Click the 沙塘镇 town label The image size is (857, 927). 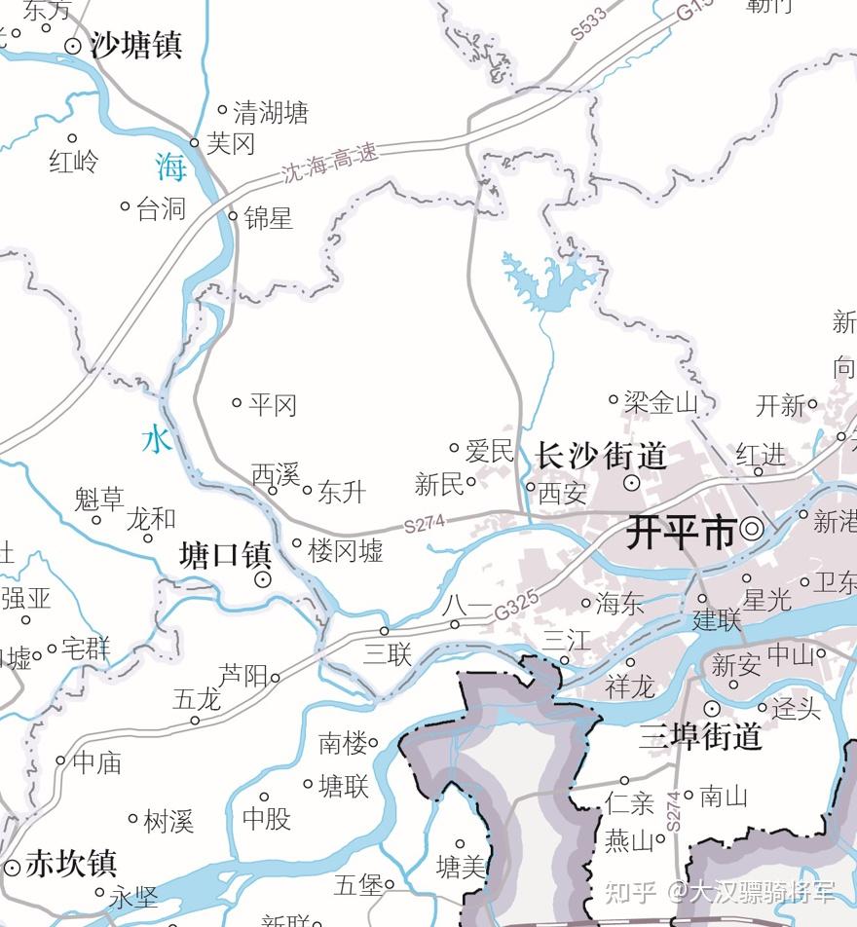(x=135, y=45)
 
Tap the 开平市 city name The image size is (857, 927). (x=681, y=533)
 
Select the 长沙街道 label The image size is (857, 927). (x=601, y=455)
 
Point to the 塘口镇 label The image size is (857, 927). (x=225, y=556)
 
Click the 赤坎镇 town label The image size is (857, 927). (x=71, y=863)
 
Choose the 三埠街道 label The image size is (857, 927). (x=700, y=736)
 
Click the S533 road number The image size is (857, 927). (x=588, y=23)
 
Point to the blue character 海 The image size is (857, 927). (x=170, y=167)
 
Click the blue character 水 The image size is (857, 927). (x=157, y=439)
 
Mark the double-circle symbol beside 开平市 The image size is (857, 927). (x=752, y=530)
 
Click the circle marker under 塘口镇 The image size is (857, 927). (x=262, y=579)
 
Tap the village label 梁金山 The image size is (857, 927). (x=661, y=401)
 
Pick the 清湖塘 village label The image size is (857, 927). (x=271, y=113)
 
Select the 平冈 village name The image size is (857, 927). (x=272, y=404)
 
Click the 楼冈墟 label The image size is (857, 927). (x=346, y=551)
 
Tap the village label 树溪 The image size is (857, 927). (x=168, y=821)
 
